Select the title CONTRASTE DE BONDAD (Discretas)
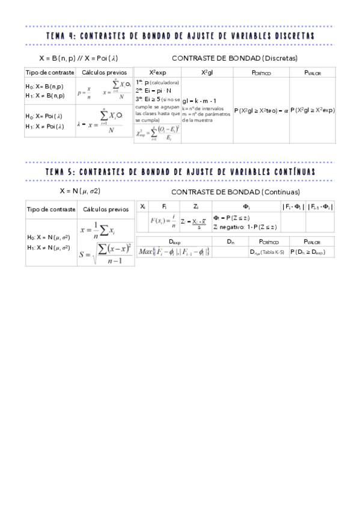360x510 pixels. [x=234, y=58]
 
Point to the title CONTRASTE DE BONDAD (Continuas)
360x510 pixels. [x=235, y=192]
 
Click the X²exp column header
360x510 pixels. [x=157, y=72]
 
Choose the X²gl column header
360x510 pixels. [x=207, y=72]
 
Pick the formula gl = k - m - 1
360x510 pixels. [x=199, y=100]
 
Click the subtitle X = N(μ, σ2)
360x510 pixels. [x=80, y=191]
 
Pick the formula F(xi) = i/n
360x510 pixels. [x=163, y=221]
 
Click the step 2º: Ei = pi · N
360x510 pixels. [x=154, y=90]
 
